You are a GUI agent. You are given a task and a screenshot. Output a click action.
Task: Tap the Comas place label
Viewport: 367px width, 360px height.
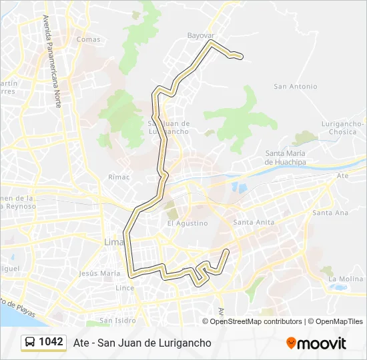click(x=89, y=39)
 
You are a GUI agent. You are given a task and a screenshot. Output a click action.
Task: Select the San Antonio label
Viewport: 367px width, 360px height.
click(x=296, y=87)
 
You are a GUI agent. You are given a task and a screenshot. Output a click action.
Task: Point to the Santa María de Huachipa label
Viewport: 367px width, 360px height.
click(x=289, y=158)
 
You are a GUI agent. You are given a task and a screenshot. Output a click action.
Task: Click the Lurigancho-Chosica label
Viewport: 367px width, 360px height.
click(x=342, y=127)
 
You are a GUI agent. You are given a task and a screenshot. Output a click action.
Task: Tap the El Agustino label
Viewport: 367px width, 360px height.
click(x=188, y=223)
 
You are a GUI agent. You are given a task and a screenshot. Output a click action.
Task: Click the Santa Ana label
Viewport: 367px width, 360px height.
click(x=330, y=213)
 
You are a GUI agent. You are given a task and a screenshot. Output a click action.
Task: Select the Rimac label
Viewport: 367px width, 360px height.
click(x=118, y=177)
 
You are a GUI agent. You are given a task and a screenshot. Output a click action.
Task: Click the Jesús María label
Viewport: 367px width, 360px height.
click(x=99, y=273)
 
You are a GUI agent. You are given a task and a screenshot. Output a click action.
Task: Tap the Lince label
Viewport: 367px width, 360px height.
click(x=125, y=288)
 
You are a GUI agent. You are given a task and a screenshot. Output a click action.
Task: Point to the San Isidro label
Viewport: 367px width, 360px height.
click(x=117, y=321)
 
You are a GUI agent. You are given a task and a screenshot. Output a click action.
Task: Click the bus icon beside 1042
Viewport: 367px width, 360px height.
click(x=30, y=343)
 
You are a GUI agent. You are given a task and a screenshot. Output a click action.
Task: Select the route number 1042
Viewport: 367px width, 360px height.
click(x=51, y=342)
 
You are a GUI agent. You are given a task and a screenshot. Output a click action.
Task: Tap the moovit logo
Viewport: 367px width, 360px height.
click(x=316, y=343)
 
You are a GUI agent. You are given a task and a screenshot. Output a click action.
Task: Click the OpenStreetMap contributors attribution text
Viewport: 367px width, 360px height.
click(x=256, y=321)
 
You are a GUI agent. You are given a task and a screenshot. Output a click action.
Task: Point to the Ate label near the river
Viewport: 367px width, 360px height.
click(x=343, y=176)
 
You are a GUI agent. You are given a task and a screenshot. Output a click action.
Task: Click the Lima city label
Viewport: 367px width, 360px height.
click(x=111, y=241)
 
